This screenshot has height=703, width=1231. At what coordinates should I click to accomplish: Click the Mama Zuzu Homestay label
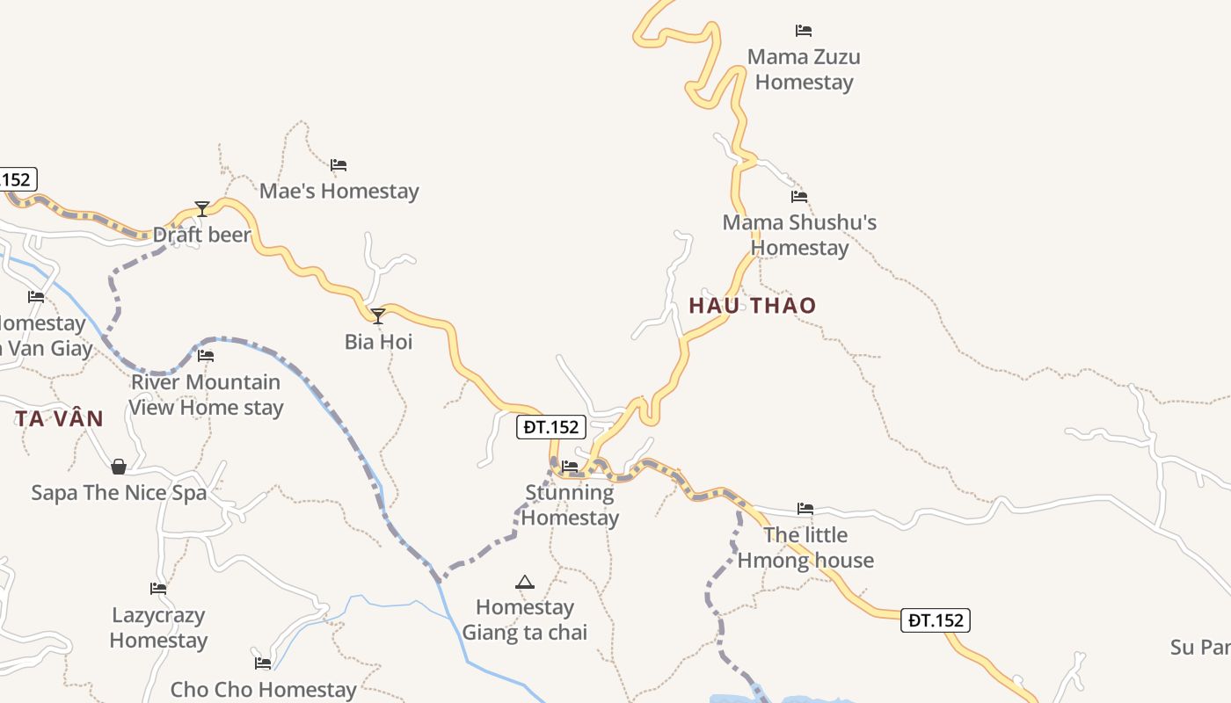pos(804,69)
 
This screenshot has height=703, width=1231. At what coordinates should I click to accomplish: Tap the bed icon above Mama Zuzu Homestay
pos(803,31)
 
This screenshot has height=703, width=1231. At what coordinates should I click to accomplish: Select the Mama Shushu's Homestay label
pos(799,235)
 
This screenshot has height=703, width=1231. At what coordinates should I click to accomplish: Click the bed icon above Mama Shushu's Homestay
pos(798,197)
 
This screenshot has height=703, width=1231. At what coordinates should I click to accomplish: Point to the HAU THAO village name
pos(753,306)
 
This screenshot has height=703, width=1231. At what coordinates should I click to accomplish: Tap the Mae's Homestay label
pos(339,191)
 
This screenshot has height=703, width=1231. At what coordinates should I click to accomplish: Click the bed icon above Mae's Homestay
pos(339,165)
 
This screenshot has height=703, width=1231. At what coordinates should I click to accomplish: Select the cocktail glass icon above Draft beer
pos(202,208)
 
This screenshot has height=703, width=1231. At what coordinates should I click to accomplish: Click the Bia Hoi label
pos(378,342)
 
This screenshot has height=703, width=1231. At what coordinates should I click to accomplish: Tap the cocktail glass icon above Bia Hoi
pos(378,315)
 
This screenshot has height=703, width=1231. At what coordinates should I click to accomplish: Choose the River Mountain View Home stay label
pos(207,395)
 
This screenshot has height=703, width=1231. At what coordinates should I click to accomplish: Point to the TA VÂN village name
pos(59,419)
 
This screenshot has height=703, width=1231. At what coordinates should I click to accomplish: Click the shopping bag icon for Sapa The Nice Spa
pos(119,466)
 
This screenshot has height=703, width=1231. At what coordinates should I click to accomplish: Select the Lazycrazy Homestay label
pos(158,627)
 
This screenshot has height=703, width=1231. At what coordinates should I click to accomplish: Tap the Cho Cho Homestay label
pos(264,690)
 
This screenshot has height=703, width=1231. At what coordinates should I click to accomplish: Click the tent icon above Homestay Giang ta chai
pos(525,582)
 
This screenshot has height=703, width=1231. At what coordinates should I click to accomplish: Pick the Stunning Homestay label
pos(570,504)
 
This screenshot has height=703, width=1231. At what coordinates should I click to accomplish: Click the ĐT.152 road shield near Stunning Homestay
pos(550,427)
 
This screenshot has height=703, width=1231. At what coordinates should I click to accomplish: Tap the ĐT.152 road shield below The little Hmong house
pos(936,620)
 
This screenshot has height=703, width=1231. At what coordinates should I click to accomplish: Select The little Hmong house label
pos(805,547)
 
